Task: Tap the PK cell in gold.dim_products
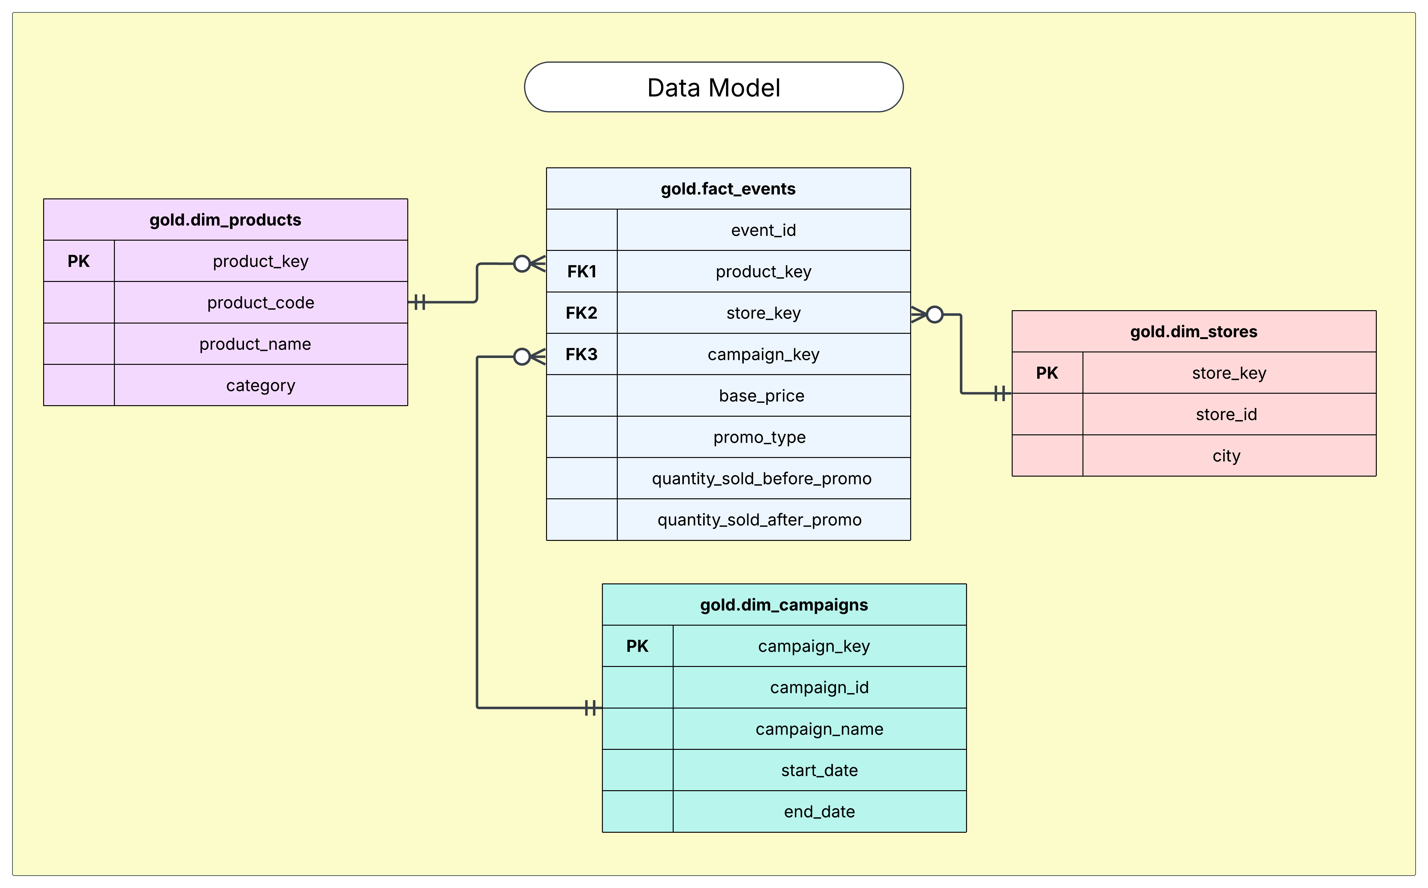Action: click(x=79, y=261)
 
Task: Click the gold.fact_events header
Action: click(x=728, y=188)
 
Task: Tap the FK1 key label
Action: click(x=581, y=271)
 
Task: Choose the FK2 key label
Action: click(x=581, y=313)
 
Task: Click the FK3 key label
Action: click(x=581, y=354)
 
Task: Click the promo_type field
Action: click(x=759, y=437)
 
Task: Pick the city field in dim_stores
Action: click(x=1226, y=456)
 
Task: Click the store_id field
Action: click(x=1226, y=415)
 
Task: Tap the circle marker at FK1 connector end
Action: click(x=522, y=264)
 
